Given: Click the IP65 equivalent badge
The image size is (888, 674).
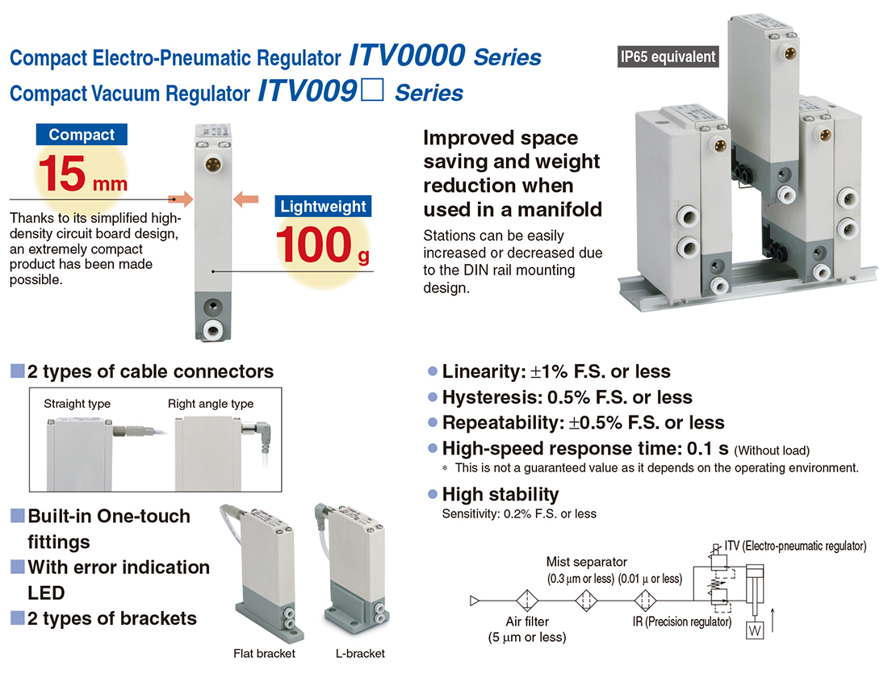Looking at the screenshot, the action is pyautogui.click(x=668, y=57).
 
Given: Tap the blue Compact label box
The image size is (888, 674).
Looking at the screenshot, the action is pyautogui.click(x=82, y=134).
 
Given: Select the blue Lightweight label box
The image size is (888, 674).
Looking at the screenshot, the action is pyautogui.click(x=323, y=206).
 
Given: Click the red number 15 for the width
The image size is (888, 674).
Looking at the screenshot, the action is pyautogui.click(x=61, y=174).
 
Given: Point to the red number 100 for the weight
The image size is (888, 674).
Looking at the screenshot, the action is pyautogui.click(x=314, y=245).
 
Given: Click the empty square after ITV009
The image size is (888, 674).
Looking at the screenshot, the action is pyautogui.click(x=372, y=90).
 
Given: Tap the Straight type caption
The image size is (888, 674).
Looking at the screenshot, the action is pyautogui.click(x=77, y=404).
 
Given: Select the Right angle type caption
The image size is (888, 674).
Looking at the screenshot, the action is pyautogui.click(x=211, y=404).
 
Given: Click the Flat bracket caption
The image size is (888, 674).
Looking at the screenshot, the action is pyautogui.click(x=265, y=654).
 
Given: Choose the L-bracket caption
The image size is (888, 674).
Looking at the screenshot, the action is pyautogui.click(x=360, y=654).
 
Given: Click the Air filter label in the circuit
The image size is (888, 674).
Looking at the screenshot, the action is pyautogui.click(x=527, y=622).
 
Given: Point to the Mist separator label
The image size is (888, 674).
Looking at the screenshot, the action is pyautogui.click(x=587, y=562).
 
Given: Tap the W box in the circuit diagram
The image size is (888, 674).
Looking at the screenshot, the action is pyautogui.click(x=754, y=630).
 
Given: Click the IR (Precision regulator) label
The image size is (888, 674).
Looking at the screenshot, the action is pyautogui.click(x=682, y=622).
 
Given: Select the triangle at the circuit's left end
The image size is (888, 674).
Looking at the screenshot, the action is pyautogui.click(x=475, y=601).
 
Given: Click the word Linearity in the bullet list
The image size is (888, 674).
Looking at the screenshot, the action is pyautogui.click(x=483, y=371).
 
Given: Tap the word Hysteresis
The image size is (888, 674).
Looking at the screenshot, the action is pyautogui.click(x=491, y=398).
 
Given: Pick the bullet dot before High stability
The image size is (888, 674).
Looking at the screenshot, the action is pyautogui.click(x=433, y=495).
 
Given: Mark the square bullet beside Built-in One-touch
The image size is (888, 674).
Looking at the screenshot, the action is pyautogui.click(x=18, y=516).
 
